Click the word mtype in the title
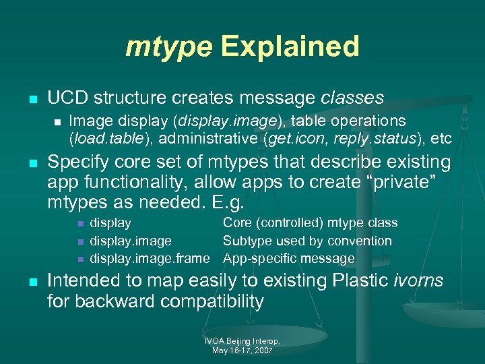[x=168, y=47]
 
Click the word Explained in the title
[x=289, y=47]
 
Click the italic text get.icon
[x=300, y=138]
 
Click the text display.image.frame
[x=154, y=258]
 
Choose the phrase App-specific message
[x=289, y=258]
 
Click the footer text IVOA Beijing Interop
[x=243, y=342]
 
